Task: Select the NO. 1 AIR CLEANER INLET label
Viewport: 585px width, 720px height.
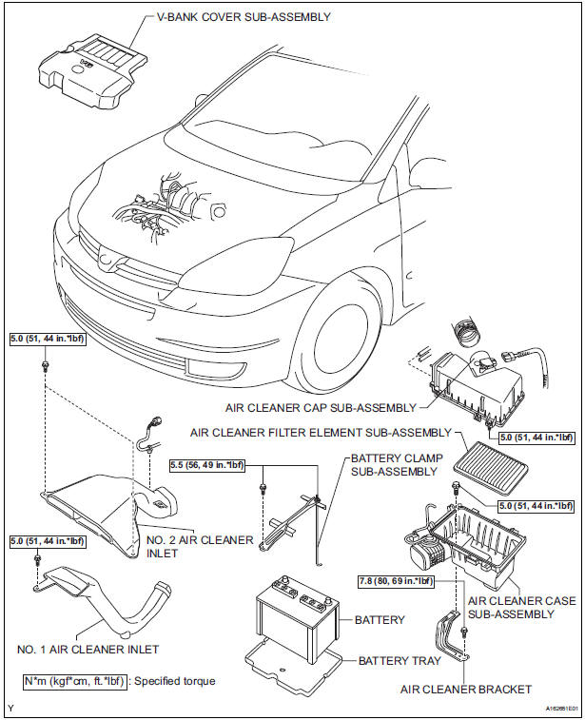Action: tap(87, 650)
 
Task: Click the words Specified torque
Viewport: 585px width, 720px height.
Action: tap(188, 682)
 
